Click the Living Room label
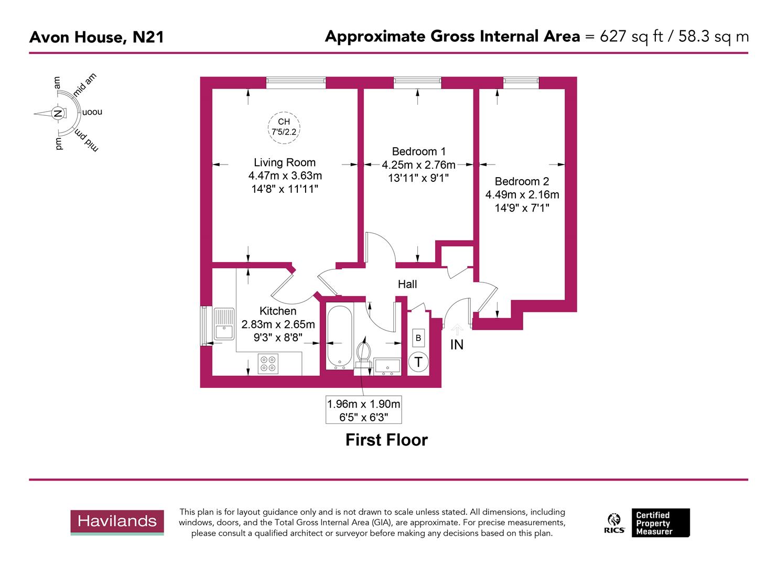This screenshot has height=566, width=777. click(x=285, y=162)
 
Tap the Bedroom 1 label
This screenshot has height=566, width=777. click(x=418, y=151)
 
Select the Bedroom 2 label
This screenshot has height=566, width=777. click(x=522, y=181)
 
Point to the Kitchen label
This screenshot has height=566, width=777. click(x=278, y=311)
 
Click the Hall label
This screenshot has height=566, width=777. click(x=407, y=284)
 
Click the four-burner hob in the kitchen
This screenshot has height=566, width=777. click(x=268, y=364)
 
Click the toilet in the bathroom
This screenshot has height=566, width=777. click(x=363, y=351)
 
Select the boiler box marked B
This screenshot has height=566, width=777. click(x=418, y=338)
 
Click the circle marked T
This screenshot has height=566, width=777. click(x=418, y=362)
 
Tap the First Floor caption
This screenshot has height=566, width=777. click(x=386, y=440)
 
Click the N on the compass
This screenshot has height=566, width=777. click(x=58, y=113)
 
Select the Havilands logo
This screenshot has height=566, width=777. click(x=117, y=521)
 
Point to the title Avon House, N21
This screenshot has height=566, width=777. click(x=96, y=37)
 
